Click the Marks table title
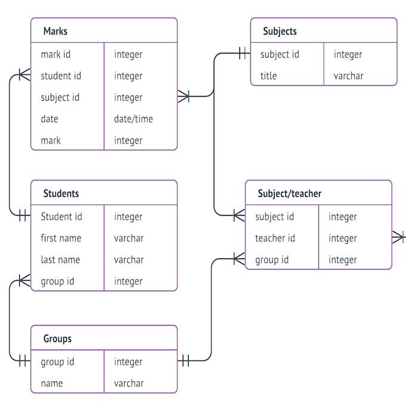pos(55,31)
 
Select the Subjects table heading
pos(279,31)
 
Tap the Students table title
pos(61,193)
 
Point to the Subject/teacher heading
pos(290,193)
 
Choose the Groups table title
pos(57,339)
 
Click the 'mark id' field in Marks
pos(56,54)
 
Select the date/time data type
pos(133,119)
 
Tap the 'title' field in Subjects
pos(269,76)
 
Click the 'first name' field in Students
pos(61,238)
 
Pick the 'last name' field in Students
pos(60,260)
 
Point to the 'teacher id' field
pos(275,238)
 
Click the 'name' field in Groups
pos(52,383)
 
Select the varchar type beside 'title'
pos(348,76)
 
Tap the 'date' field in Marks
pos(50,119)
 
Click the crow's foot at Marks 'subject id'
pos(183,96)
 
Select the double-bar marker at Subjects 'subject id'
pos(243,54)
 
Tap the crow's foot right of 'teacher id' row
pos(399,238)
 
